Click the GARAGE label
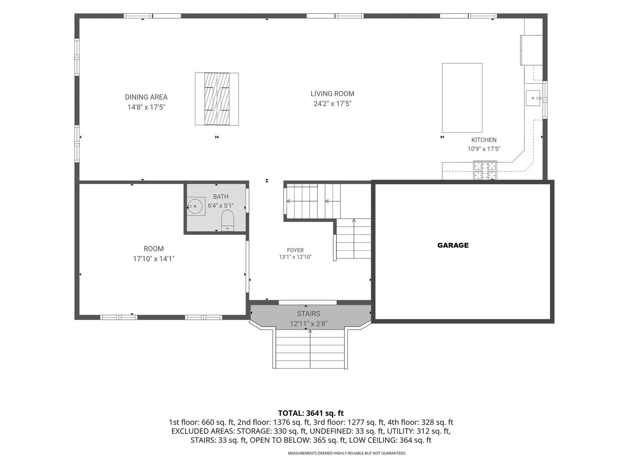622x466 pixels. (x=453, y=246)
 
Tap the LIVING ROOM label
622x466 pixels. (x=333, y=94)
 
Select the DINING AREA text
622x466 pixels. (x=146, y=97)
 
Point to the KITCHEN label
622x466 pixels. (x=484, y=140)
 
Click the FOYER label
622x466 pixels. (x=295, y=250)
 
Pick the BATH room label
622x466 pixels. (x=221, y=196)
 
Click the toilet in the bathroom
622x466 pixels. (x=227, y=220)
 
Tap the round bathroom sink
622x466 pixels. (x=195, y=206)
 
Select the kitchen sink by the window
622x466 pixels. (x=533, y=98)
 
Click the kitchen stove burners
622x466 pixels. (x=485, y=170)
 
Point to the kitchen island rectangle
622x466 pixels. (x=462, y=98)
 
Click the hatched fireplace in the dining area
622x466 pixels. (x=217, y=99)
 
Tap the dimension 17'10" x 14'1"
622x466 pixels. (x=154, y=258)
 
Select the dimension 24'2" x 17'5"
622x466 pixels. (x=333, y=104)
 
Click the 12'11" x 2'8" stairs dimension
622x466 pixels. (x=308, y=324)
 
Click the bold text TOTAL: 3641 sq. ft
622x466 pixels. (x=311, y=413)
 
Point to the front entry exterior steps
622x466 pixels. (x=310, y=349)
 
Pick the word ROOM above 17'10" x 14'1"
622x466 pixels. (x=154, y=249)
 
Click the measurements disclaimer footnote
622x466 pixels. (x=347, y=453)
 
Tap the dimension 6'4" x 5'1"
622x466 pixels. (x=221, y=205)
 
